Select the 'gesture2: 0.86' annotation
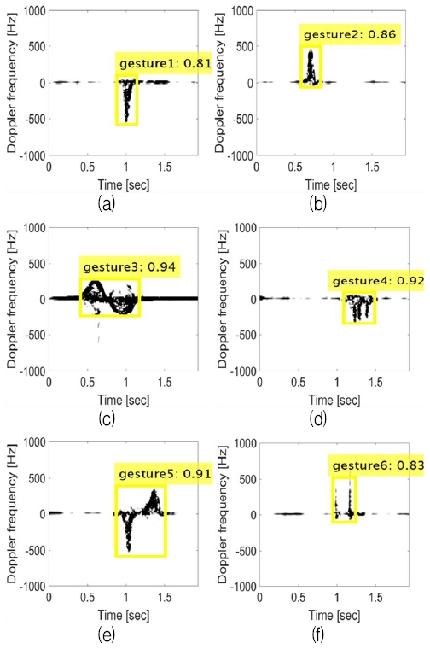(347, 36)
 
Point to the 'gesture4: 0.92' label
(375, 280)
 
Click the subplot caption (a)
(107, 202)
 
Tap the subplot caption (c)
(107, 418)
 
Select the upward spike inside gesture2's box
(311, 68)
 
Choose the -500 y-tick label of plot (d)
(241, 336)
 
